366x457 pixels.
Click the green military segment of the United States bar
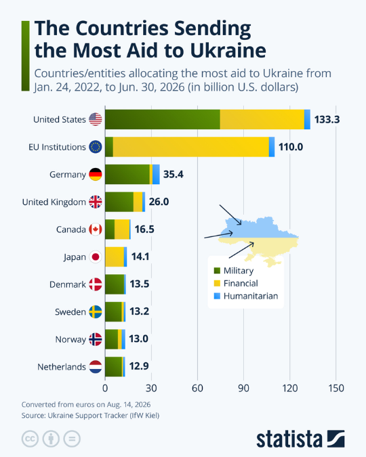pos(163,119)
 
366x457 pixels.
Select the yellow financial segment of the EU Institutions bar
pos(191,147)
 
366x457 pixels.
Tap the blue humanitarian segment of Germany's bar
pos(156,174)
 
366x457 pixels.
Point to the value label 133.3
pos(327,119)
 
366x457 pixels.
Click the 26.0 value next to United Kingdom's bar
pos(159,202)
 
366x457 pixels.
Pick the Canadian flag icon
pos(96,230)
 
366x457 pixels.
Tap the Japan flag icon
pos(96,257)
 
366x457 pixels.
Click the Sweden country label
pos(70,312)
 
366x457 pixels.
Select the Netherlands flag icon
pos(96,367)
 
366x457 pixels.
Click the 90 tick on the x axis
pos(243,388)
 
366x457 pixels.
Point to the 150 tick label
pos(336,388)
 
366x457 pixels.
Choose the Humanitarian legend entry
pos(246,296)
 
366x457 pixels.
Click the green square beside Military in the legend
pos(217,270)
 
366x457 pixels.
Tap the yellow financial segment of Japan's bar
pos(115,257)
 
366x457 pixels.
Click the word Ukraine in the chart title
pos(228,50)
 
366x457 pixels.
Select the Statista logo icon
pos(336,439)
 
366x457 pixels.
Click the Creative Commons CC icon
pos(30,439)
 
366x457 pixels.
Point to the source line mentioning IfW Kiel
pos(90,415)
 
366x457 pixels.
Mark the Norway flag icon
pos(96,339)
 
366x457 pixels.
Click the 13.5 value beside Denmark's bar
pos(140,284)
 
